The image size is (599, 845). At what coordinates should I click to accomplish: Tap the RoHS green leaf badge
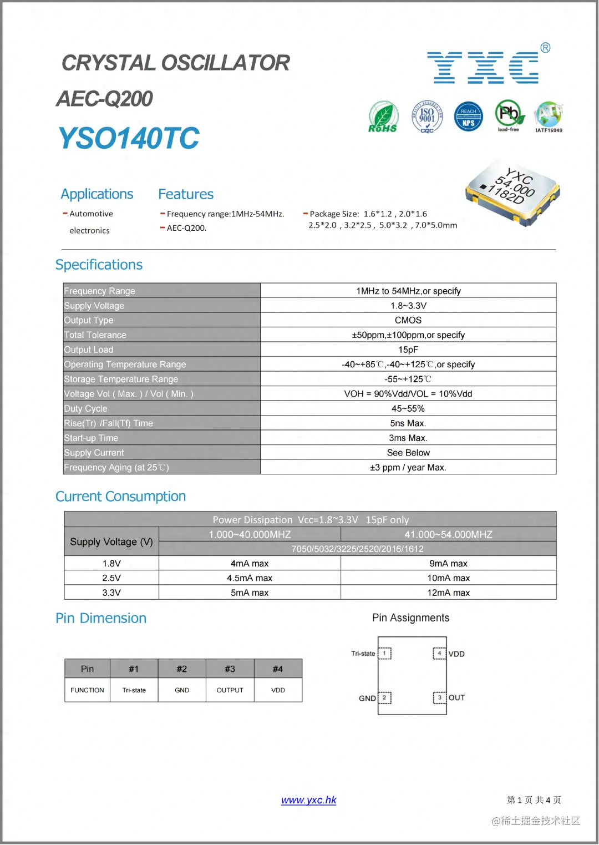(x=383, y=117)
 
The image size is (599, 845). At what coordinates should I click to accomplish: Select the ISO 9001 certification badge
(x=427, y=117)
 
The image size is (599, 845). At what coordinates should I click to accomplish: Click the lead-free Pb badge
(x=509, y=115)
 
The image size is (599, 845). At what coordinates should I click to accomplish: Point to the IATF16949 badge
(x=549, y=117)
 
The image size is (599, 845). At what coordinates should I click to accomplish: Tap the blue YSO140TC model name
(x=129, y=138)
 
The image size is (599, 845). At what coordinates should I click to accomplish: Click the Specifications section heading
(x=99, y=265)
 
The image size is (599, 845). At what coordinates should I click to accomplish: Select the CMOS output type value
(x=408, y=320)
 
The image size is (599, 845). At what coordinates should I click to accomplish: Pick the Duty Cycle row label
(x=86, y=408)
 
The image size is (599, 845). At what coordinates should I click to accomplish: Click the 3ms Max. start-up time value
(x=408, y=438)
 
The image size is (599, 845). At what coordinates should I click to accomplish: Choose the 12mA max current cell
(x=448, y=593)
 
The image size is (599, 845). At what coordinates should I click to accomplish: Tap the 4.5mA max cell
(x=250, y=578)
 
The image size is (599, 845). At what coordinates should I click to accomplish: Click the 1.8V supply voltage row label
(x=111, y=563)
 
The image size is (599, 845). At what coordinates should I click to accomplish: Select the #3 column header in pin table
(x=230, y=669)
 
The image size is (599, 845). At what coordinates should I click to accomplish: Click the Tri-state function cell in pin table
(x=134, y=690)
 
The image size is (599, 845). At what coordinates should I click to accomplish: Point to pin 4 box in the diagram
(x=439, y=653)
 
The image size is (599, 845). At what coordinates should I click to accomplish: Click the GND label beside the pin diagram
(x=367, y=698)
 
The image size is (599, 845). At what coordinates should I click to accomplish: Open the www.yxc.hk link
(x=308, y=800)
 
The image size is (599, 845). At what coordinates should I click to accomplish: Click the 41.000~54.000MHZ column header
(x=448, y=534)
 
